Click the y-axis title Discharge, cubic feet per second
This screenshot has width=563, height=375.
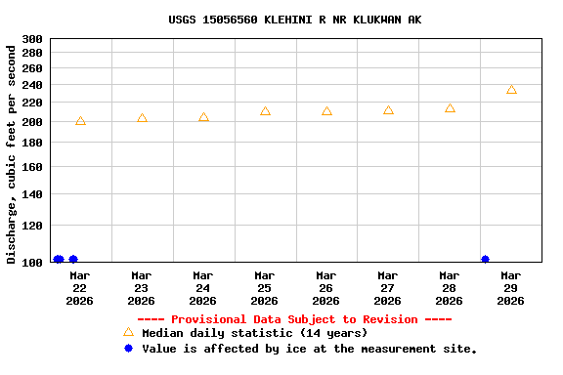pyautogui.click(x=12, y=152)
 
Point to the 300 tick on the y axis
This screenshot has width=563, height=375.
pyautogui.click(x=32, y=39)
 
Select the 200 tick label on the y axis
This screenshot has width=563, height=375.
pyautogui.click(x=32, y=122)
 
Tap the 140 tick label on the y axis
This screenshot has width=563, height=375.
pyautogui.click(x=32, y=194)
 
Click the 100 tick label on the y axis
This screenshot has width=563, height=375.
pyautogui.click(x=32, y=263)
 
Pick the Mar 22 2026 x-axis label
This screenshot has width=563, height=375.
pyautogui.click(x=79, y=288)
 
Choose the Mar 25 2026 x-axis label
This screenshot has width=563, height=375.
pyautogui.click(x=264, y=288)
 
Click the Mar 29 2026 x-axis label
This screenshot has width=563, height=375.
pyautogui.click(x=510, y=288)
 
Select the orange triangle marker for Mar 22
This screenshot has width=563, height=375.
pyautogui.click(x=80, y=121)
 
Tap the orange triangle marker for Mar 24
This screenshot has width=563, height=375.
pyautogui.click(x=203, y=117)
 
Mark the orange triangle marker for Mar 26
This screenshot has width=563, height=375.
pyautogui.click(x=326, y=111)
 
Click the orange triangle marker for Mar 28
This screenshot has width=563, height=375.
pyautogui.click(x=450, y=108)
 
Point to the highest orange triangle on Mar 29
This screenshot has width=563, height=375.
pyautogui.click(x=511, y=90)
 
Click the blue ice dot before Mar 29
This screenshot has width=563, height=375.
pyautogui.click(x=486, y=260)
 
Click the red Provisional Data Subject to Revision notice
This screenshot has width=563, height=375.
pyautogui.click(x=294, y=319)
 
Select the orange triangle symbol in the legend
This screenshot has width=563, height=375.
pyautogui.click(x=128, y=332)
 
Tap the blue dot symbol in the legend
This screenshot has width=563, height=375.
pyautogui.click(x=128, y=349)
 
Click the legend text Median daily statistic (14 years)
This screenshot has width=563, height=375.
pyautogui.click(x=254, y=333)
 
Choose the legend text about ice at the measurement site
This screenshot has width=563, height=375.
pyautogui.click(x=309, y=349)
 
